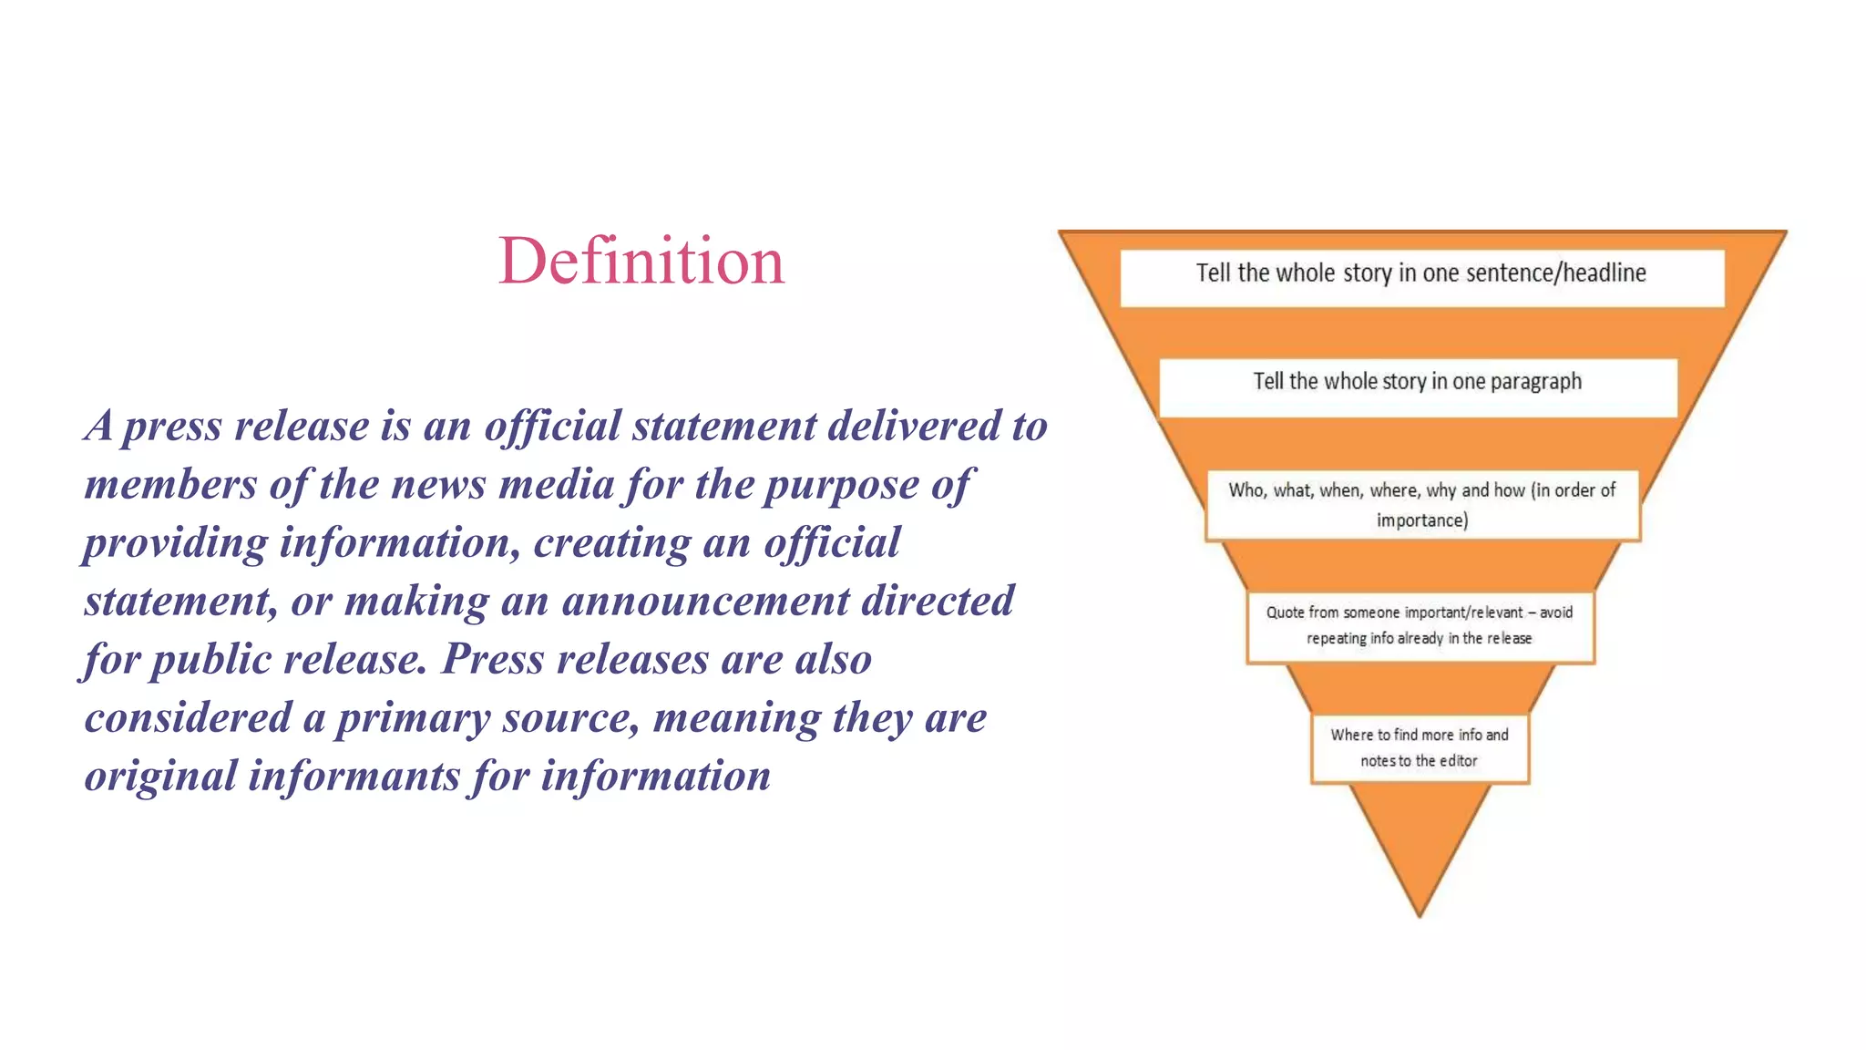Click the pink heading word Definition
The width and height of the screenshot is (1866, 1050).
(x=641, y=262)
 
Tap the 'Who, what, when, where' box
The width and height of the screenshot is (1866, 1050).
(x=1421, y=505)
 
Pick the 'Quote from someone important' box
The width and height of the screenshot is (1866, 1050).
(x=1420, y=625)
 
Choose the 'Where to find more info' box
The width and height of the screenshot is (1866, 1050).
(x=1419, y=747)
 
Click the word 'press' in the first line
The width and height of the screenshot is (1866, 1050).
(x=172, y=427)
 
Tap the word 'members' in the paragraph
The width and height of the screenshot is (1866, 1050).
(x=170, y=485)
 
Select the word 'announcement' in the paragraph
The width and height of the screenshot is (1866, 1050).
(x=705, y=602)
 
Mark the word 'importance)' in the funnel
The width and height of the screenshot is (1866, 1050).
(x=1421, y=520)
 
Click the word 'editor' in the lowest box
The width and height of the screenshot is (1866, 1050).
(x=1458, y=761)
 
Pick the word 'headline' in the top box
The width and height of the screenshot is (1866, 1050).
(x=1604, y=273)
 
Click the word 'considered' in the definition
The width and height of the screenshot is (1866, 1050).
(x=189, y=718)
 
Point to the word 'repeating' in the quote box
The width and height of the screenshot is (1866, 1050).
(x=1336, y=639)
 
